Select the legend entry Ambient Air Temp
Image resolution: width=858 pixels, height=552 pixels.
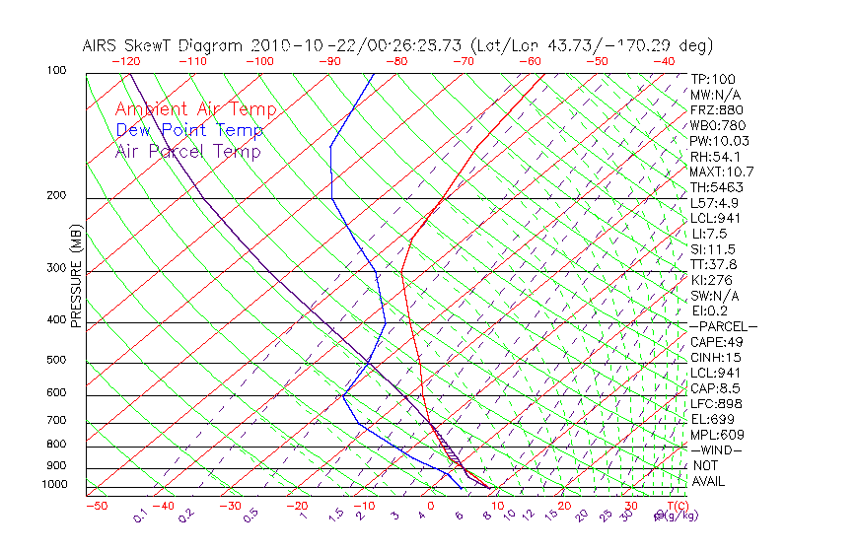click(x=196, y=110)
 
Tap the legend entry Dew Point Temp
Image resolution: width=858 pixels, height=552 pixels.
click(x=189, y=131)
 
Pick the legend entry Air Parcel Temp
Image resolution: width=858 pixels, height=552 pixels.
click(x=188, y=152)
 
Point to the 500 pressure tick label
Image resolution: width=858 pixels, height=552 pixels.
click(x=55, y=361)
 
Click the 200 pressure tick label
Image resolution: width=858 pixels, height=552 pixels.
click(x=55, y=196)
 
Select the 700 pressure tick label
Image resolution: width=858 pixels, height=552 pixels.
click(x=55, y=421)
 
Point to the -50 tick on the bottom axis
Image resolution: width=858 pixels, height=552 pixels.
click(x=96, y=506)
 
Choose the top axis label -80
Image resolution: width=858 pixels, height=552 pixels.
click(x=395, y=61)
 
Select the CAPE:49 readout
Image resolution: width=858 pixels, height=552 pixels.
click(x=717, y=342)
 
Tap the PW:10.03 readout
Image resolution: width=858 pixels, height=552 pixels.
click(x=720, y=141)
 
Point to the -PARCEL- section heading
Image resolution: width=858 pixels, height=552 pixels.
click(x=723, y=326)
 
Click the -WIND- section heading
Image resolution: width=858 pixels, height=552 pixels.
click(x=717, y=449)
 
